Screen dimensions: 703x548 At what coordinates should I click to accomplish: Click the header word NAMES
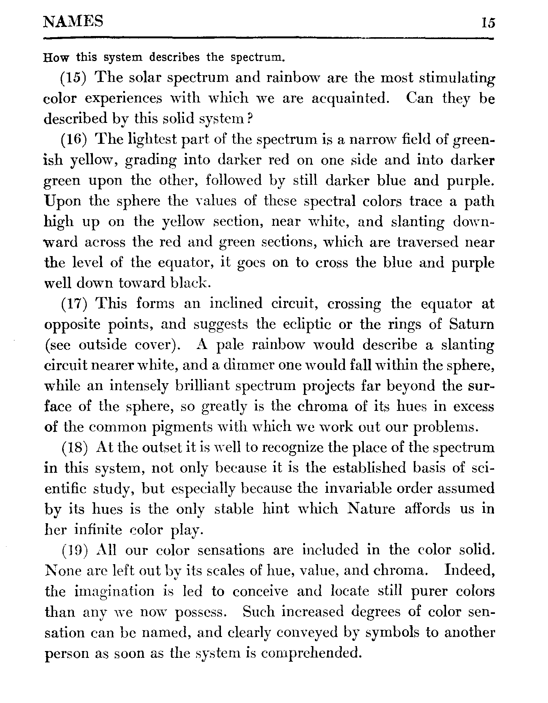click(74, 22)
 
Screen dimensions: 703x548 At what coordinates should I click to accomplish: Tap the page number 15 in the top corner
click(488, 23)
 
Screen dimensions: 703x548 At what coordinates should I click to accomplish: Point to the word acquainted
click(350, 99)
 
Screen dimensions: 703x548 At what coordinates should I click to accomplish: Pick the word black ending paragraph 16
click(188, 283)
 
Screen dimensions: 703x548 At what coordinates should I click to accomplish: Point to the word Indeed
click(469, 570)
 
